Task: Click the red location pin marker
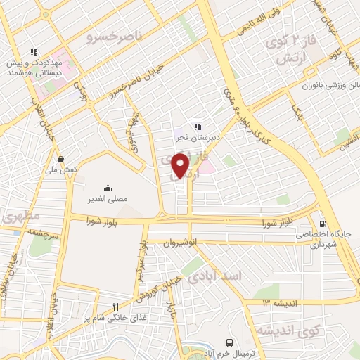(x=181, y=165)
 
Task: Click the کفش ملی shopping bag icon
(x=63, y=159)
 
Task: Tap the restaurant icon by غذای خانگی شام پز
(x=116, y=307)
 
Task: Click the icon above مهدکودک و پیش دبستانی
(x=32, y=51)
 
